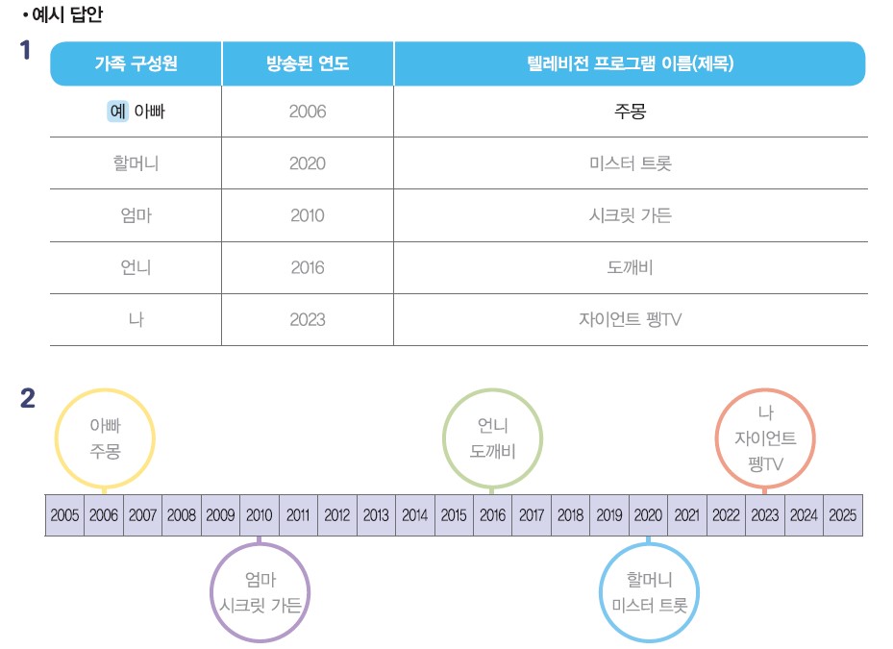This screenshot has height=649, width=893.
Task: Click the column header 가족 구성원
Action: [136, 64]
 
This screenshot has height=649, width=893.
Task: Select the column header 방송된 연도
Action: [308, 64]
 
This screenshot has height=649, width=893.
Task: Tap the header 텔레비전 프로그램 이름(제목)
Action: [631, 64]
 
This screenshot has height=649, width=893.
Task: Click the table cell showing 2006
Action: [308, 112]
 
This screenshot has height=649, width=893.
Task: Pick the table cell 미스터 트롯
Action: [631, 163]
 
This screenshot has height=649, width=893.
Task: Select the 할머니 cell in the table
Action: [136, 163]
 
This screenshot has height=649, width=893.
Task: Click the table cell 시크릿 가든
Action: [631, 215]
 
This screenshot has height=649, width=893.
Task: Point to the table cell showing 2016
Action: [308, 267]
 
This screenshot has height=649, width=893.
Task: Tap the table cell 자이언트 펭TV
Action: [631, 319]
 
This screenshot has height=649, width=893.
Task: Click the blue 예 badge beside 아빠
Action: [117, 112]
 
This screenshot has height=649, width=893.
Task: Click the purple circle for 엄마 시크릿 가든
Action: [260, 592]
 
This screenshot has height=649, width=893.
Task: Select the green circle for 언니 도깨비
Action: [493, 437]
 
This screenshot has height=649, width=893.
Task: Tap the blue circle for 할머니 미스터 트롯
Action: [650, 592]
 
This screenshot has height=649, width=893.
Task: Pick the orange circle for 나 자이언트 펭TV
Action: [766, 437]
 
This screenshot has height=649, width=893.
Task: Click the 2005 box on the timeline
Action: [65, 515]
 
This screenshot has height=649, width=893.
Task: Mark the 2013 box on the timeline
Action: [376, 515]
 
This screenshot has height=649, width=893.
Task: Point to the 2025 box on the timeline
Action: [842, 515]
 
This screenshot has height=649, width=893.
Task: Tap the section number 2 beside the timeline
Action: [28, 397]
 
